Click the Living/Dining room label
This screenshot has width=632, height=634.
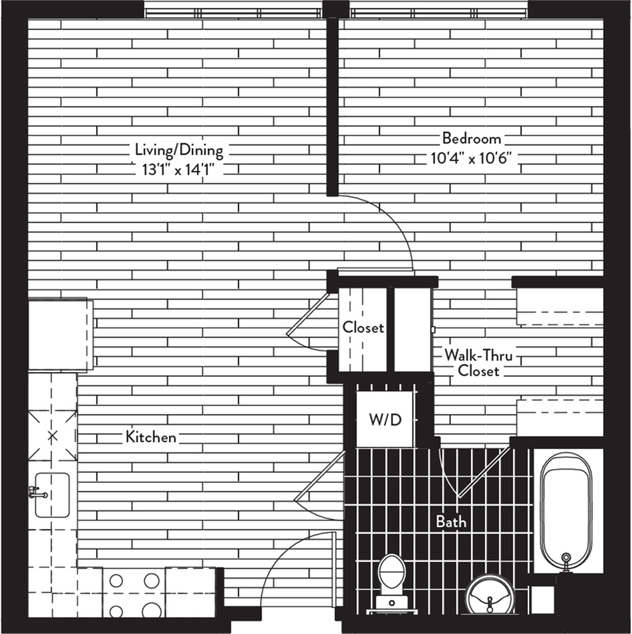point(179,150)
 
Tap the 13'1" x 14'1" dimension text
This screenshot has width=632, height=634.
point(178,170)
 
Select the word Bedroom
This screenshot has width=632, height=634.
point(472,138)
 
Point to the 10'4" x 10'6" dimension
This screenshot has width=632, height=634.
point(472,158)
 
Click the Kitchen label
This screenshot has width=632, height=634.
point(151,437)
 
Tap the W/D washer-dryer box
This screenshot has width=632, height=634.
point(385,420)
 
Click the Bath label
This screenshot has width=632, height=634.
point(451,522)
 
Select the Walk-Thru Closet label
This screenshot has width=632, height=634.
point(478,363)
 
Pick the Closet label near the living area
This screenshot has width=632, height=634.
point(363,327)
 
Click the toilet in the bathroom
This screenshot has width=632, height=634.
point(391,583)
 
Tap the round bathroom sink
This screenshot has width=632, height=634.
point(490,594)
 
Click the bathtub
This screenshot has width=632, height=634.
point(567,512)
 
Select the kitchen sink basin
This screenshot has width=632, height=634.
point(52,495)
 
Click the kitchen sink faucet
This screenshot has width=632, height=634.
point(37,493)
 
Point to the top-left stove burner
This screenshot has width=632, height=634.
point(116,581)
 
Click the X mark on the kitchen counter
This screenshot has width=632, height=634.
point(53,436)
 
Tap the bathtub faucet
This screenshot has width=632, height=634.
point(567,562)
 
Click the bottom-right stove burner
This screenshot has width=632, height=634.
point(151,610)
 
